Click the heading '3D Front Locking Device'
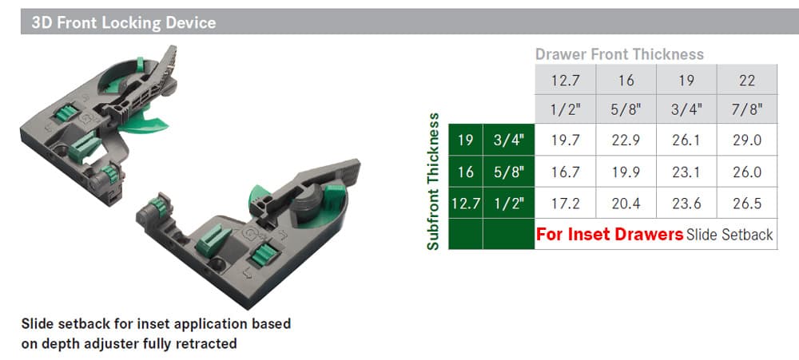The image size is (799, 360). click(123, 23)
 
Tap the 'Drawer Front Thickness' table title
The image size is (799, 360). click(619, 54)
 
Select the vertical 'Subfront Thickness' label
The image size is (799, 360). click(433, 181)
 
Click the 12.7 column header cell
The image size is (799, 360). click(565, 80)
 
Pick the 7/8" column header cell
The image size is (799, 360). click(747, 109)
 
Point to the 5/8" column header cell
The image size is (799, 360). click(626, 109)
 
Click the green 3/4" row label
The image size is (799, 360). click(508, 140)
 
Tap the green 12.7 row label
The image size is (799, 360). click(465, 204)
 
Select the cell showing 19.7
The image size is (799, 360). click(565, 140)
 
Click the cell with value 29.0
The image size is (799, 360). click(747, 140)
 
